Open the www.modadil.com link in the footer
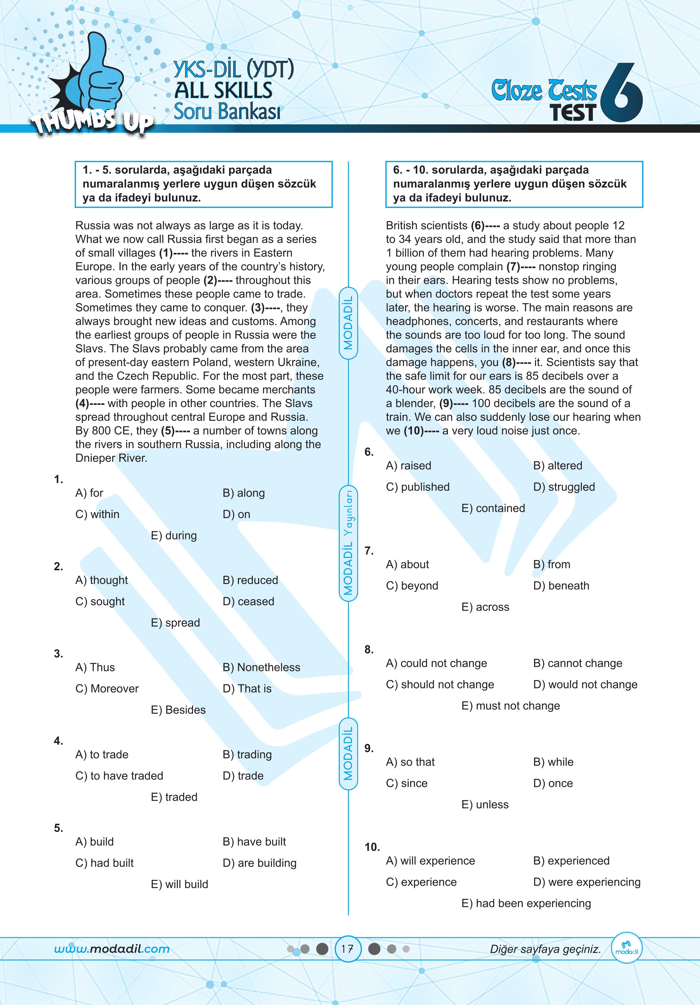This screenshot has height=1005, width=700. [112, 949]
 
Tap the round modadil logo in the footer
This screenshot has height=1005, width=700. [627, 948]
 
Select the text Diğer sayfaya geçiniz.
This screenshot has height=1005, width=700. [545, 949]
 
